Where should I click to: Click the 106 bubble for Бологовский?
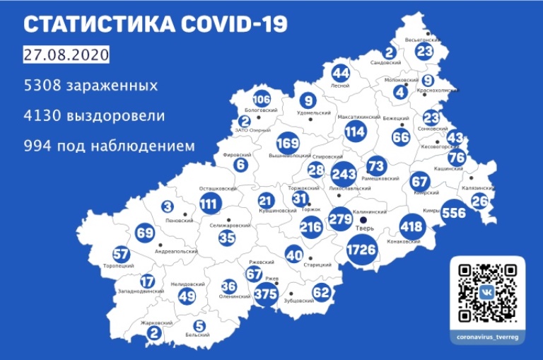pos(261,99)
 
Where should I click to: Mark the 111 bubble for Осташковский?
pos(209,204)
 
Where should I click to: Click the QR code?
pos(487,291)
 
